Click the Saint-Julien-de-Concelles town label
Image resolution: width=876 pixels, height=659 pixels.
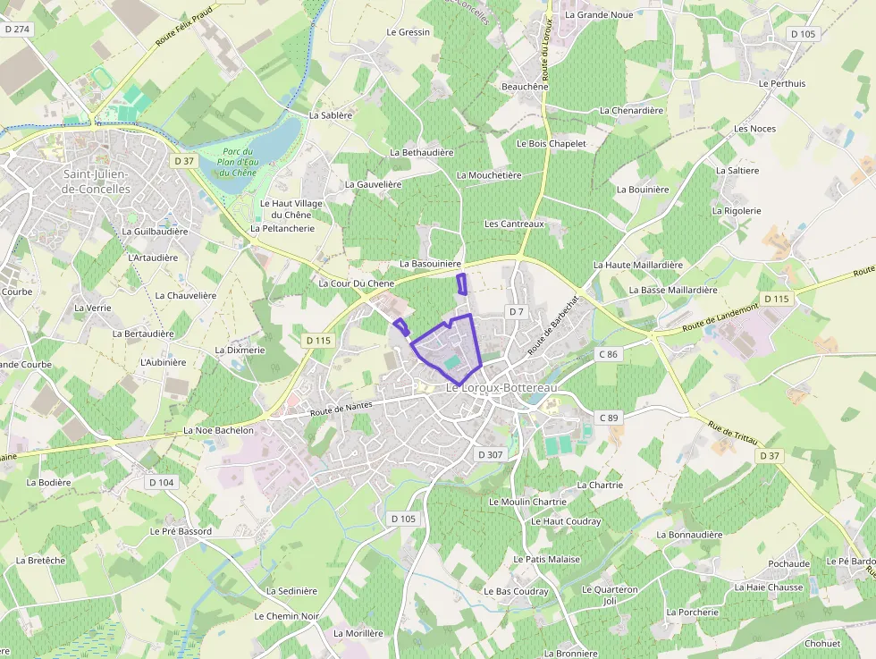[x=97, y=182]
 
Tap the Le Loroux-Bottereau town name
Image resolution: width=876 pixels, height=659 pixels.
[x=501, y=387]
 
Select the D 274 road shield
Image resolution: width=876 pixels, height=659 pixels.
[x=17, y=30]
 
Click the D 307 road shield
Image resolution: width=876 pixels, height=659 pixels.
[x=491, y=454]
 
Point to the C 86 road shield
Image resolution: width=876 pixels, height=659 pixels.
[x=609, y=354]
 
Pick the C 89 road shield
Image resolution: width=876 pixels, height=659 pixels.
[x=609, y=418]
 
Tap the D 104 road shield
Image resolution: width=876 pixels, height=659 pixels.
[x=162, y=483]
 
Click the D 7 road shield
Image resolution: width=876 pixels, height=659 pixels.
[x=516, y=311]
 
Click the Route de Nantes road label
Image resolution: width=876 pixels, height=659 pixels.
[x=341, y=410]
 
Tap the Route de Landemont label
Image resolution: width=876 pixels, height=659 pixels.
[x=720, y=317]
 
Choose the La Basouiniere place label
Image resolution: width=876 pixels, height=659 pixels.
[x=431, y=264]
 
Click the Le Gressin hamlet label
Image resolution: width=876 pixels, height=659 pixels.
[x=409, y=32]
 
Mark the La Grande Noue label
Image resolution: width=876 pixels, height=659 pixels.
[x=599, y=15]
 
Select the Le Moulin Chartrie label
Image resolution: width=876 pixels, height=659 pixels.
[x=527, y=502]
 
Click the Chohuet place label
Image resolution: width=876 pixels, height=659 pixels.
[x=822, y=644]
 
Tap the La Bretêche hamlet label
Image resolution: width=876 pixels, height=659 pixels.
[x=40, y=561]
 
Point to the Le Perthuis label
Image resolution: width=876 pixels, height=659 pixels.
[x=781, y=84]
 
